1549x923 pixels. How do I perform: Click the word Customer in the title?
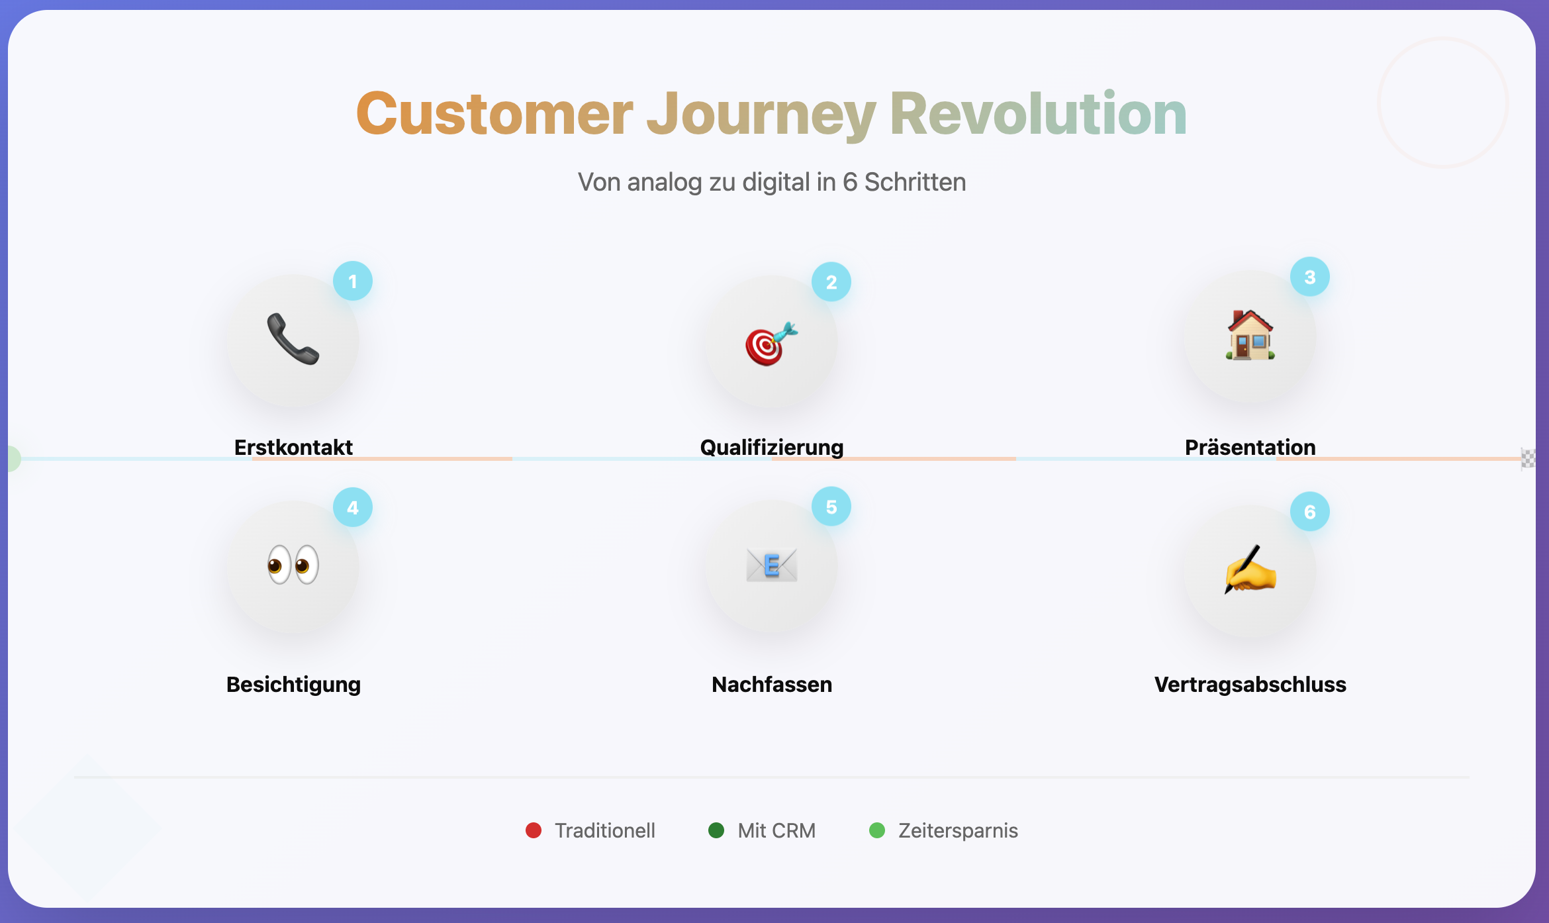[494, 114]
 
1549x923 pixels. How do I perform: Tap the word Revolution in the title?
[1038, 114]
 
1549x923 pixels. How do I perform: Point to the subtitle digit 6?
[849, 182]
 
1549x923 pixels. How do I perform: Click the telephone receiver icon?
[293, 339]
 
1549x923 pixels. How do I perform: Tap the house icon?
[1250, 335]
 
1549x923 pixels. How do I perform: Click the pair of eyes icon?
[293, 565]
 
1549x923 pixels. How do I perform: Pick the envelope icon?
[771, 565]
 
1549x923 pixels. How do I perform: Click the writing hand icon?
[1250, 569]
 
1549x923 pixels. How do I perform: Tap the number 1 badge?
[353, 281]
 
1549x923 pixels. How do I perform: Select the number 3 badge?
[1309, 277]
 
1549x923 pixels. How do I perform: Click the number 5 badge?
[831, 507]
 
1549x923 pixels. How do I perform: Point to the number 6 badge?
[1309, 512]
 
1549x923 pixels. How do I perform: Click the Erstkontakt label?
[293, 448]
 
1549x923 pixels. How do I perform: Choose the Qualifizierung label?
[771, 448]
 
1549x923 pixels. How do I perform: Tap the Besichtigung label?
[293, 685]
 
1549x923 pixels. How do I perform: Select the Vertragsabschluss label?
[1250, 685]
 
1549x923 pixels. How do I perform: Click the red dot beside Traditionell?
[534, 830]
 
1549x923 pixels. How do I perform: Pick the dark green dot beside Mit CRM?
[716, 830]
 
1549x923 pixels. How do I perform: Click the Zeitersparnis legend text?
[957, 830]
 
